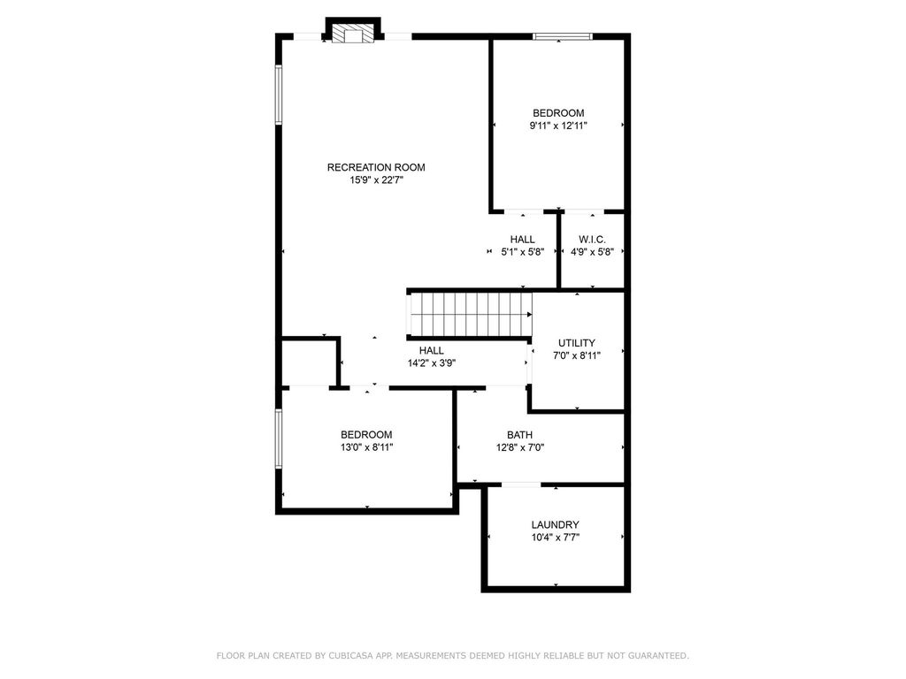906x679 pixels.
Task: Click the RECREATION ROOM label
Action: coord(376,167)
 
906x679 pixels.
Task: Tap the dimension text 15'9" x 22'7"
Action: coord(376,180)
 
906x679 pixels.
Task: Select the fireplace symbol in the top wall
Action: coord(352,34)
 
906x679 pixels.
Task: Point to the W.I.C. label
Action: coord(592,240)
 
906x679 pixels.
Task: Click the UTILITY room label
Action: coord(577,343)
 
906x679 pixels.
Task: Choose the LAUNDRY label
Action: coord(556,525)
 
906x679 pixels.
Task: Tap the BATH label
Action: coord(520,435)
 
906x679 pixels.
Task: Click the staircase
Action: coord(470,314)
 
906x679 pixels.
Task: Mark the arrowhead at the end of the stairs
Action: coord(529,315)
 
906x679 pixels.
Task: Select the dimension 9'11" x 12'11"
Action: coord(558,126)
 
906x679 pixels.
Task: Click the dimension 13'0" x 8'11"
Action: coord(366,447)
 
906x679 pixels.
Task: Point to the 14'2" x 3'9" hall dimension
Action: coord(432,363)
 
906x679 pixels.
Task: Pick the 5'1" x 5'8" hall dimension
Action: coord(523,252)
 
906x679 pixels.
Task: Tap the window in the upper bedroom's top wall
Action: coord(563,36)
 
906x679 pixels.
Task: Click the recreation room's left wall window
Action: coord(279,95)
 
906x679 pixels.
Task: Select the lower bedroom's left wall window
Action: coord(279,439)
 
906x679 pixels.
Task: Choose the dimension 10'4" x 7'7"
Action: coord(556,538)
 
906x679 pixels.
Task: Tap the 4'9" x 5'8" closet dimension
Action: coord(592,252)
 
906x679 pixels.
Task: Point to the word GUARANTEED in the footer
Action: coord(657,656)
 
